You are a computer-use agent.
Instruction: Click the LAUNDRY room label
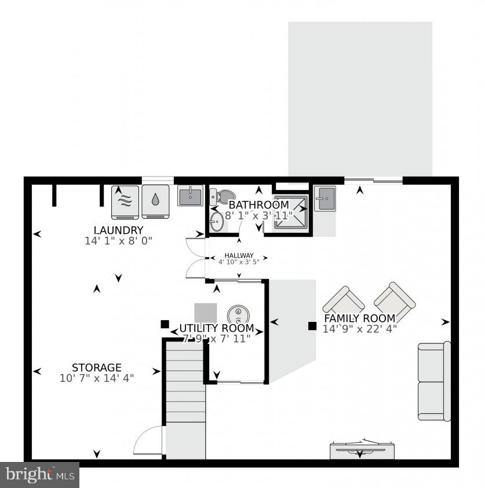[x=118, y=230]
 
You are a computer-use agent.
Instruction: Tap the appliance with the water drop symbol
[x=155, y=201]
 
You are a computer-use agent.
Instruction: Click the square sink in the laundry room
[x=190, y=197]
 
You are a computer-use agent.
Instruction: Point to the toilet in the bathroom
[x=222, y=196]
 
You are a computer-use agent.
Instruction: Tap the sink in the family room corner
[x=325, y=199]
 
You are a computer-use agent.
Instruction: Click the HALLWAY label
[x=239, y=255]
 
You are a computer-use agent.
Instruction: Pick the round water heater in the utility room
[x=238, y=314]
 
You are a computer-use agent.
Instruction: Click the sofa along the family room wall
[x=434, y=381]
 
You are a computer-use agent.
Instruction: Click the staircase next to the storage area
[x=185, y=399]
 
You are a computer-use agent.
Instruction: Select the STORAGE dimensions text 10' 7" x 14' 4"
[x=96, y=378]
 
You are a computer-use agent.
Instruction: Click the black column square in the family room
[x=312, y=326]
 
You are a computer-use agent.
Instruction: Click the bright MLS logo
[x=39, y=475]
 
